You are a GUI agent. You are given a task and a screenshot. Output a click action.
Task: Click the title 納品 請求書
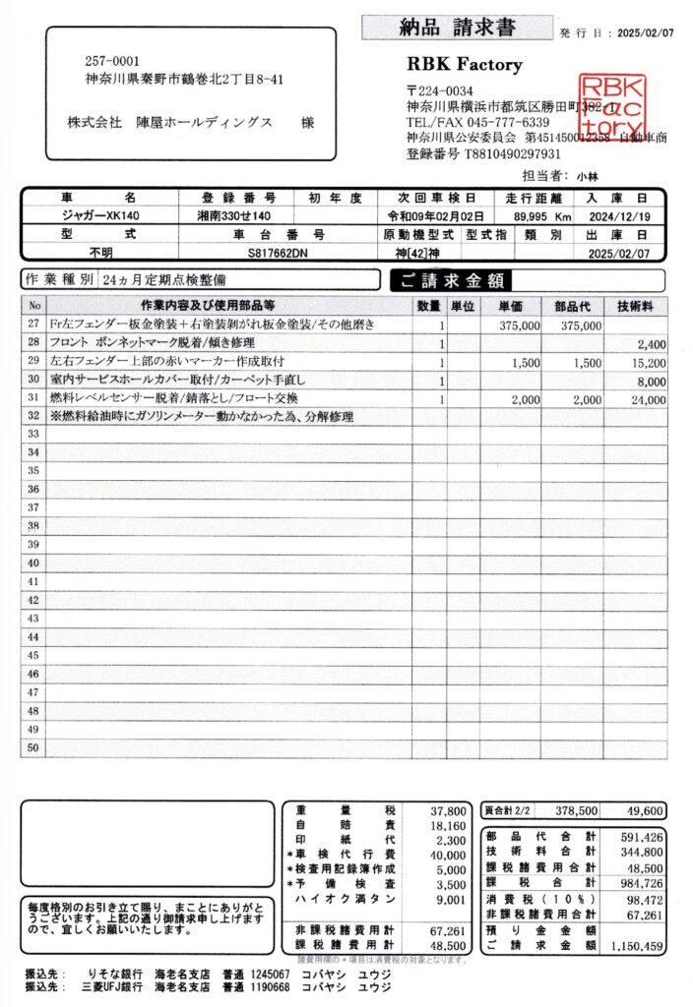[457, 28]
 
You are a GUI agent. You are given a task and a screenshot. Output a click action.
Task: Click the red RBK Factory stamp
[612, 106]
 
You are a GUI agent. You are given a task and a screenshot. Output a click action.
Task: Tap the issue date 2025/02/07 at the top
[646, 33]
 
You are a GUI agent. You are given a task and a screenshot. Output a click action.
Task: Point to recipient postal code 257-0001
[106, 60]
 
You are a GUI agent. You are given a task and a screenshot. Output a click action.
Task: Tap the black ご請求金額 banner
[451, 280]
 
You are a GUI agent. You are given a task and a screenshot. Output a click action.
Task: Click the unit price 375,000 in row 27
[520, 325]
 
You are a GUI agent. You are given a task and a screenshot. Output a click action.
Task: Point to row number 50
[33, 748]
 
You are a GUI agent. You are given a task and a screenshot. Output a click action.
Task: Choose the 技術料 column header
[636, 306]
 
